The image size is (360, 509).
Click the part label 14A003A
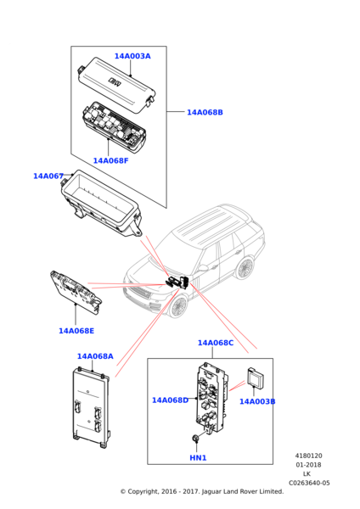coord(132,57)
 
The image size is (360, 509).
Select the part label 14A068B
coord(205,112)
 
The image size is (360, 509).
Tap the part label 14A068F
coord(110,160)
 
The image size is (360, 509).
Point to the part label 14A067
coord(48,176)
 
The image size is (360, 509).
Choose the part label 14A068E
coord(76,331)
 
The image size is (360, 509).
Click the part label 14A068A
coord(95,356)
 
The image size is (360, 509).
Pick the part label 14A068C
coord(216,343)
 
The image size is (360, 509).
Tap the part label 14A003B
coord(256,401)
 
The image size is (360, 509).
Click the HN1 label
coord(198,458)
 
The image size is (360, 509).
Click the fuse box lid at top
coord(115,80)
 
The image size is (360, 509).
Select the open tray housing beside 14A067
coord(102,204)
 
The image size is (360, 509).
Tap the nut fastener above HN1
coord(197,439)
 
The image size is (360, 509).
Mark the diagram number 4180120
coord(308,456)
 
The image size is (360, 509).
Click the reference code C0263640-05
coord(308,484)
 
